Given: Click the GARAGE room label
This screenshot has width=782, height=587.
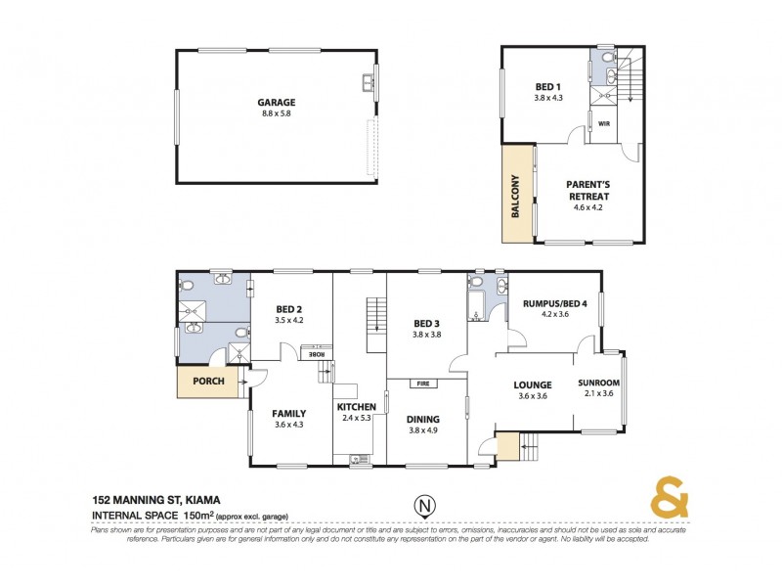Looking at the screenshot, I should (x=276, y=102).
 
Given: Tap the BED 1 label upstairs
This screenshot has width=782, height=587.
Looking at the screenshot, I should (x=548, y=85).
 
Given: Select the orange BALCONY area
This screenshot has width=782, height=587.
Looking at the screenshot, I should (x=515, y=195).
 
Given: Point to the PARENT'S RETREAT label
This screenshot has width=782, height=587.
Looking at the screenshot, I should (x=587, y=190).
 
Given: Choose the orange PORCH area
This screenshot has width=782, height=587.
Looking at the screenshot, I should (x=207, y=382).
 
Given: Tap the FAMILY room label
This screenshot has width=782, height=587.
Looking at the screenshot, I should (x=290, y=413).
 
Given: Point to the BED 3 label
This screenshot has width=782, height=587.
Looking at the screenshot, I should (x=424, y=323).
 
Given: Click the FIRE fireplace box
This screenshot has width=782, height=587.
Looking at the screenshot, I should (x=424, y=384).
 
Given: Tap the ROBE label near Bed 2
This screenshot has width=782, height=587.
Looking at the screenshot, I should (x=318, y=354).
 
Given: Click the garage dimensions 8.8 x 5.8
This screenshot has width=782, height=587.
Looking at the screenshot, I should (x=276, y=114).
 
